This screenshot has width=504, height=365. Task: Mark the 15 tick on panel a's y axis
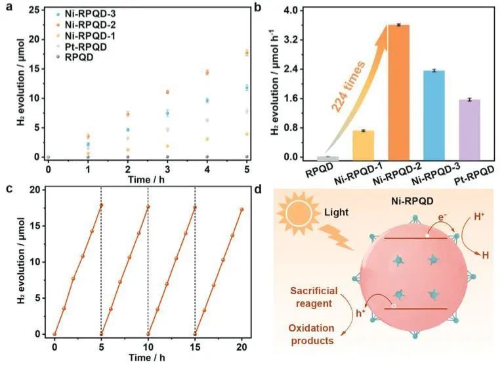pos(35,68)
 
